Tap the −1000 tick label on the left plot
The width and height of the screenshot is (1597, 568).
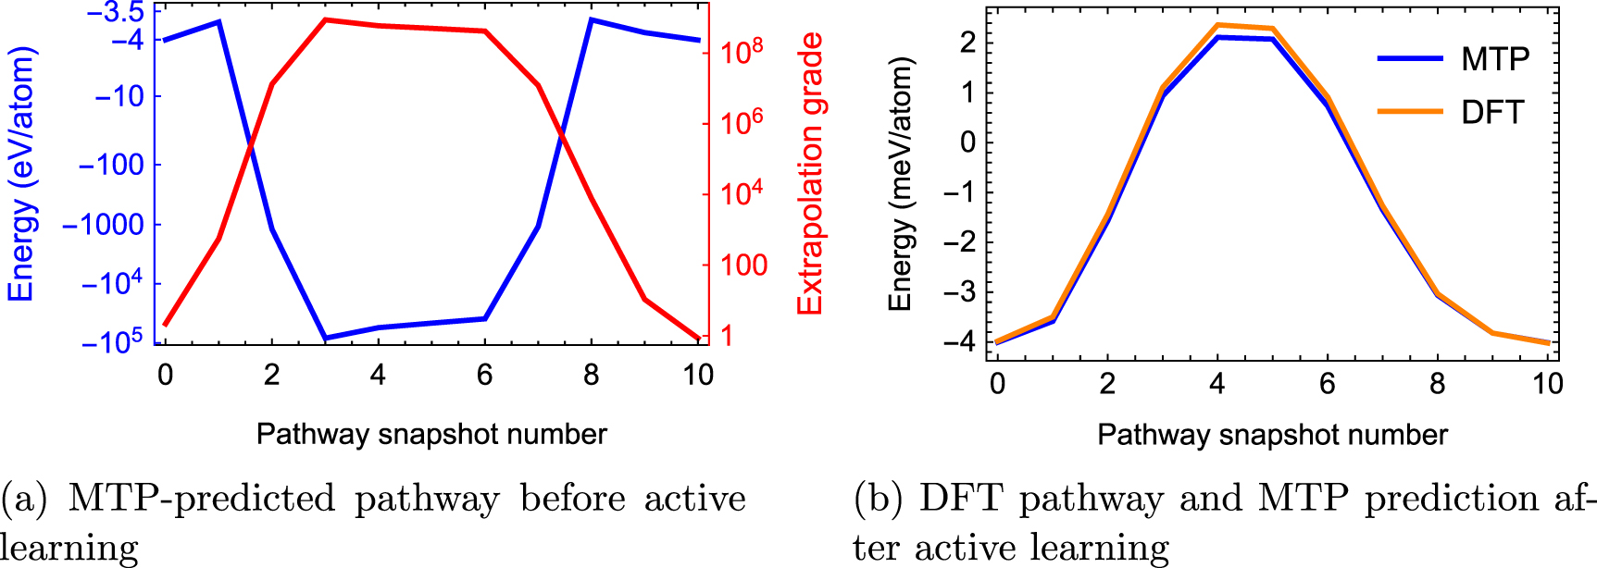coord(103,225)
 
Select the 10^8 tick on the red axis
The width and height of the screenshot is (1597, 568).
coord(742,51)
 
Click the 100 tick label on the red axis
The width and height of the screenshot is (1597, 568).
coord(743,265)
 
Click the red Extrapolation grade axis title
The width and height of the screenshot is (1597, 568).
coord(810,174)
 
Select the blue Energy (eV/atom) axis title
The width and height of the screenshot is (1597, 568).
coord(21,174)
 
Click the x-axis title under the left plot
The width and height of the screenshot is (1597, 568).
coord(431,434)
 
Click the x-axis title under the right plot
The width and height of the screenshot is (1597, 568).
coord(1272,435)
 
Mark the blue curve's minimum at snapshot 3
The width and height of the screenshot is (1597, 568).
coord(325,339)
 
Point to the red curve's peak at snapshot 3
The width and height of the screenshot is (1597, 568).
coord(325,19)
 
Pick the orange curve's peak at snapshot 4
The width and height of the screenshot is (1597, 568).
coord(1217,25)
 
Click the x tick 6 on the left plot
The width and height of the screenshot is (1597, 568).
coord(484,375)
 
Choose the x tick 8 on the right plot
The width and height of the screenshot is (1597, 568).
coord(1437,383)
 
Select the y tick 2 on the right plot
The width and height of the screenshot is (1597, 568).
coord(968,43)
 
